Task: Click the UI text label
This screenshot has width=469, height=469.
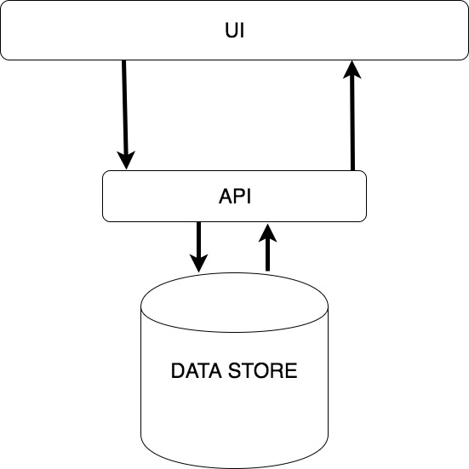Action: click(x=235, y=30)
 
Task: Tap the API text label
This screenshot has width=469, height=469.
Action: click(x=235, y=197)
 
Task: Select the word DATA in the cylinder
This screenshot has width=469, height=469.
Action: click(x=197, y=370)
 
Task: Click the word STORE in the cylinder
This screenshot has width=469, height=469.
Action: click(x=263, y=370)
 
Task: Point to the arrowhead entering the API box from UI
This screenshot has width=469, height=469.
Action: click(x=126, y=160)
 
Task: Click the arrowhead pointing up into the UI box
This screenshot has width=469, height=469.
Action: click(x=352, y=70)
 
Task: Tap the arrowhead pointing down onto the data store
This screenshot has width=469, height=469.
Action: click(x=198, y=264)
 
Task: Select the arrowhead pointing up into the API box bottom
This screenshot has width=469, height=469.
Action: click(x=267, y=232)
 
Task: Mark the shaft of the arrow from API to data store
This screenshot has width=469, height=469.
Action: click(x=198, y=238)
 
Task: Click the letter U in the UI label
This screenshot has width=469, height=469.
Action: click(x=232, y=30)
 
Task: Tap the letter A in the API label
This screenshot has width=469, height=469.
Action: click(x=226, y=197)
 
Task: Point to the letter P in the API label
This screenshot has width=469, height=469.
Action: click(x=239, y=197)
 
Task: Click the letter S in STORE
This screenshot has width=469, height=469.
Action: click(x=235, y=370)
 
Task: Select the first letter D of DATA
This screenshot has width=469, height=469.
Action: click(x=178, y=370)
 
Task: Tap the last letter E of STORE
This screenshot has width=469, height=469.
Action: click(x=291, y=370)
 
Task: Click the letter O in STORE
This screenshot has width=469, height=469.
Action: click(x=262, y=370)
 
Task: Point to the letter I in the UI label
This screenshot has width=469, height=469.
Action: click(x=243, y=30)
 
